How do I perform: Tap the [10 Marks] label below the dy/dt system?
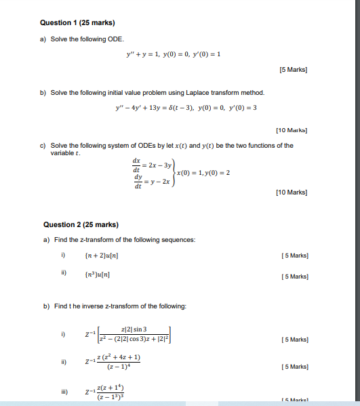[292, 192]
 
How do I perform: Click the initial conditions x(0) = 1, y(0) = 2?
[203, 173]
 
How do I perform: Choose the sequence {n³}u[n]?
[98, 275]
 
